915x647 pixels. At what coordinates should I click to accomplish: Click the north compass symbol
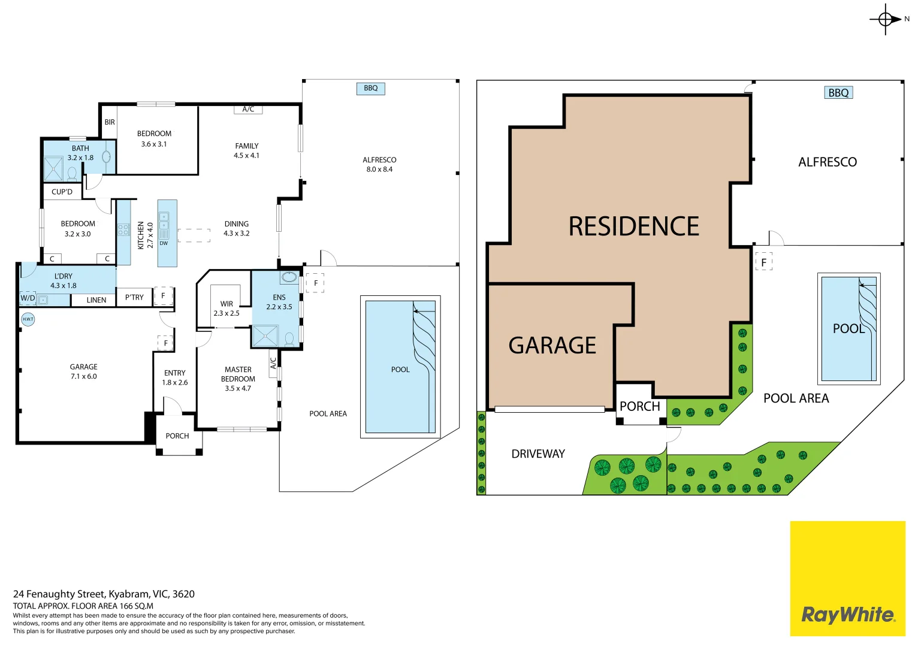[886, 19]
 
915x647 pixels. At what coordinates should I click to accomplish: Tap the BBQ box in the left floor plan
[370, 88]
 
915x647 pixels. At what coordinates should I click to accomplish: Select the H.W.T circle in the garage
[28, 319]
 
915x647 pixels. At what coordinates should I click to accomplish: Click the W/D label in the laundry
[28, 298]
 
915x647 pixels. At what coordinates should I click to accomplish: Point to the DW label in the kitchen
[164, 243]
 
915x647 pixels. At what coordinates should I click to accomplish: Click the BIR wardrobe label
[110, 122]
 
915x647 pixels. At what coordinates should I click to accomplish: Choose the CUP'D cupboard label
[62, 192]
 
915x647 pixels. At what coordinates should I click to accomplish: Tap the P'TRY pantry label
[134, 297]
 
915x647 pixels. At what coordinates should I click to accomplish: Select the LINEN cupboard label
[96, 300]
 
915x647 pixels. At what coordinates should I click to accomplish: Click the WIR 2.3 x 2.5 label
[227, 309]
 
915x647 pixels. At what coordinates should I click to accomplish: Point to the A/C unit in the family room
[248, 110]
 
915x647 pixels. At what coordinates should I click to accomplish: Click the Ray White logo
[848, 578]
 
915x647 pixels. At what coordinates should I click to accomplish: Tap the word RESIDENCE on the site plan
[633, 226]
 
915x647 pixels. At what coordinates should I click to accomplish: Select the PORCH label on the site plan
[640, 406]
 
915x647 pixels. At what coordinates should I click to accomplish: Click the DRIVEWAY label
[538, 454]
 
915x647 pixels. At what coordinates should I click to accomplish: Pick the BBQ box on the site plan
[838, 93]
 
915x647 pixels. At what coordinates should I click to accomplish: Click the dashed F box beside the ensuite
[315, 283]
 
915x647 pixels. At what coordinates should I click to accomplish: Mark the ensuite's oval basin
[289, 277]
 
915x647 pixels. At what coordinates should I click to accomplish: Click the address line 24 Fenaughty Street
[104, 594]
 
